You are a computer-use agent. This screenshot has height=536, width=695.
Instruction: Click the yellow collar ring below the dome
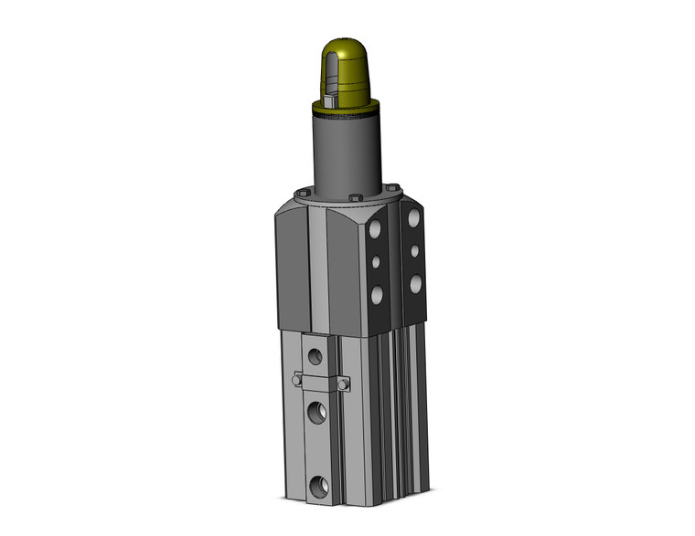click(x=348, y=109)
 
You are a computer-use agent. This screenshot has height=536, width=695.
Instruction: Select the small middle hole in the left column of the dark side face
click(x=375, y=263)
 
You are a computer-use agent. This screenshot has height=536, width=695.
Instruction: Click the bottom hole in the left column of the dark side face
click(x=375, y=294)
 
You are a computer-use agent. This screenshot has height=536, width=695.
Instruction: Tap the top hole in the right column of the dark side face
click(x=415, y=220)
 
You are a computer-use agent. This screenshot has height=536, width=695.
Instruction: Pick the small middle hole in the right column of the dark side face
click(x=415, y=250)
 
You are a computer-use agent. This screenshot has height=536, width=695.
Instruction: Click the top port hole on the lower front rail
click(x=316, y=352)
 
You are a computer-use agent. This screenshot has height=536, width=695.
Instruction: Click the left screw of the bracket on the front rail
click(x=295, y=380)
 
